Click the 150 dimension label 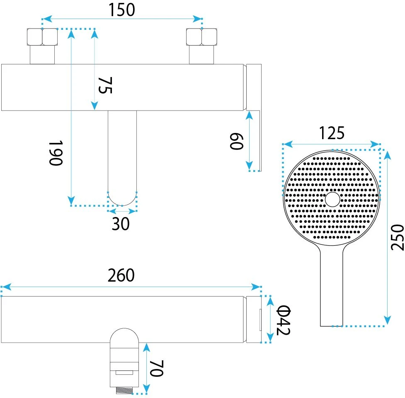(121, 10)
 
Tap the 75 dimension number (105, 85)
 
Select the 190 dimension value (56, 153)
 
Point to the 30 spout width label (121, 224)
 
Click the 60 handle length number (237, 141)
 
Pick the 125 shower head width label (332, 133)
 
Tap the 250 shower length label (397, 237)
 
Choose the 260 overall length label (121, 275)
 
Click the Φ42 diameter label (284, 320)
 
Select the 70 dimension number (157, 369)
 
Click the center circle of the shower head (332, 200)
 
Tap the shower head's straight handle (332, 287)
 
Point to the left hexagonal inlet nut (42, 37)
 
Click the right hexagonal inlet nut (201, 37)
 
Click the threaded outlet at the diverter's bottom (124, 390)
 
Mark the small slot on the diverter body (124, 372)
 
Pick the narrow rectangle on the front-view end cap (260, 320)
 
